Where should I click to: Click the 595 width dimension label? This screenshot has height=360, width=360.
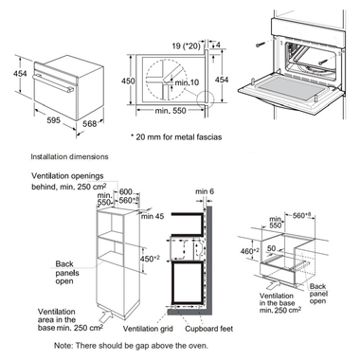point(53,120)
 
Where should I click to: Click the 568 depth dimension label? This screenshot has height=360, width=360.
point(90,123)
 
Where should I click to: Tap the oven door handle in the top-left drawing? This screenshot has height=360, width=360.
point(53,82)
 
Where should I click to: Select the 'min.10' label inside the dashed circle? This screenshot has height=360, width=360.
point(187,82)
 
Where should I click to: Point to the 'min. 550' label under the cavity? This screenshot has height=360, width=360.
point(171,111)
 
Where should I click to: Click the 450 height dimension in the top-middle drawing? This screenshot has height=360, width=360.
point(128,81)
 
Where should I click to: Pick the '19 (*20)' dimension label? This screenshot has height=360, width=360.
point(187,46)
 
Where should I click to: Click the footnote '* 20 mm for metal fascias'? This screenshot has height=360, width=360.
point(176,137)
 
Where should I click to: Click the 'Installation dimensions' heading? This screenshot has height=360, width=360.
point(69,156)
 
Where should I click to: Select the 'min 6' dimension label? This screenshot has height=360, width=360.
point(205,191)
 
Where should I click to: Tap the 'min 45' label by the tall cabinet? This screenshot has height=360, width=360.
point(153,216)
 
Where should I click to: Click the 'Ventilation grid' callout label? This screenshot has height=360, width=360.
point(148,329)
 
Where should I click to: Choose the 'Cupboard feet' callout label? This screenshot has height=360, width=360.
point(209,329)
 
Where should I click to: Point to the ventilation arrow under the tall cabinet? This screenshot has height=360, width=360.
point(107,315)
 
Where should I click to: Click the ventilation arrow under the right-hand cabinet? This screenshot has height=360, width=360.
point(272,284)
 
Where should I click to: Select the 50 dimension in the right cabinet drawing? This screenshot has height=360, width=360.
point(272,248)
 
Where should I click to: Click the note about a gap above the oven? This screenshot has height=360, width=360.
point(131,346)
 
